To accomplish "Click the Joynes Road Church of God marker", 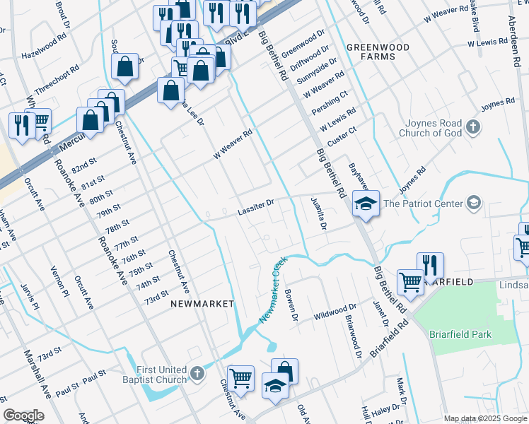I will [474, 128].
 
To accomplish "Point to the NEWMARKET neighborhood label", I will [202, 303].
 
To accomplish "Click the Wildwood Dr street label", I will [336, 311].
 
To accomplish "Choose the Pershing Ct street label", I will [335, 103].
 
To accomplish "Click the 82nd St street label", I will [83, 167].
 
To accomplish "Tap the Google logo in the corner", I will [23, 416].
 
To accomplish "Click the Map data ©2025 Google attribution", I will [485, 418].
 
